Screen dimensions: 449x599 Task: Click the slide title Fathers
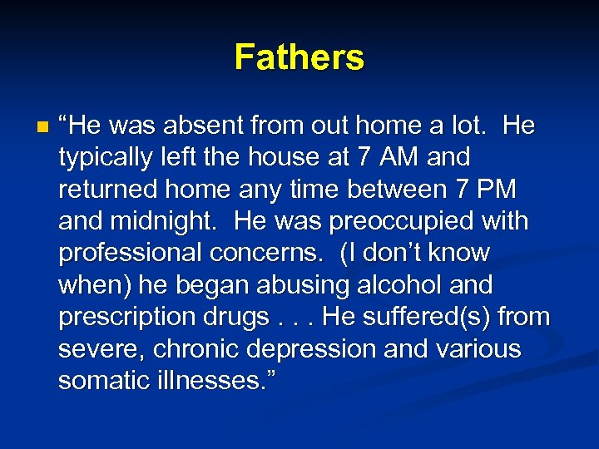pos(299,57)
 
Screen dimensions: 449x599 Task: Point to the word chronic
pos(194,349)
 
